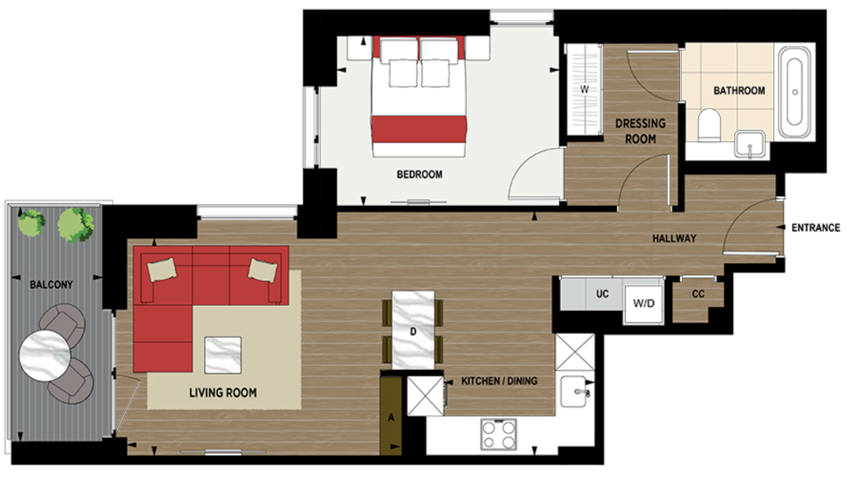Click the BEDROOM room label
tap(419, 174)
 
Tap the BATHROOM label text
tap(739, 91)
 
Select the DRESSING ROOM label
tap(640, 131)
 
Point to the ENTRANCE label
tap(816, 228)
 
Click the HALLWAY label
tap(674, 239)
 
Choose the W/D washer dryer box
tap(643, 303)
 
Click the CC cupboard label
tap(698, 293)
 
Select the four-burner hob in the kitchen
tap(499, 433)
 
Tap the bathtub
tap(794, 92)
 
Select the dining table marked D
tap(413, 330)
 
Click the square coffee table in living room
tap(223, 354)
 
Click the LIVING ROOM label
tap(222, 392)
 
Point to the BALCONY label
tap(51, 284)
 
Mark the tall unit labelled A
tap(390, 417)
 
